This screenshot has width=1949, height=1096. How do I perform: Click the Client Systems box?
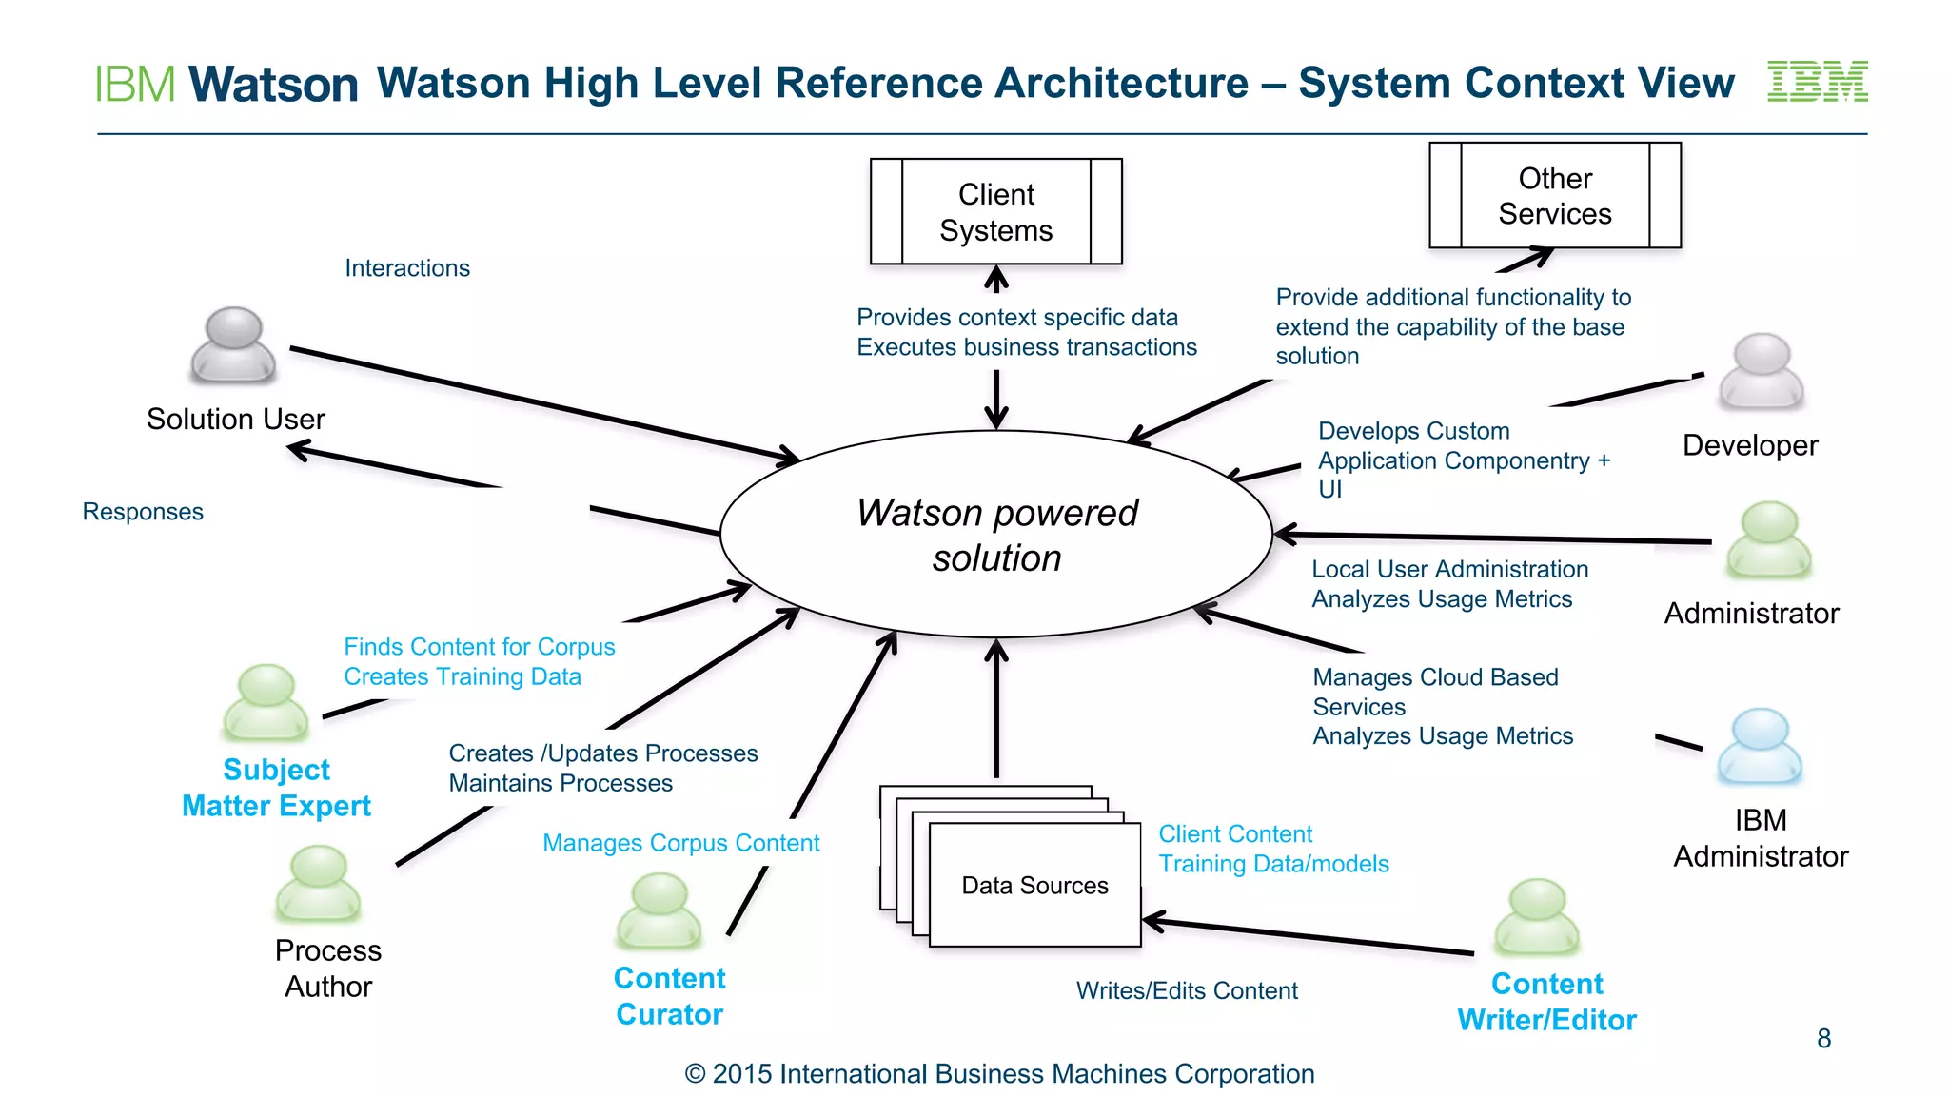pyautogui.click(x=995, y=211)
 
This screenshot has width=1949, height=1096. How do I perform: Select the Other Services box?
pyautogui.click(x=1554, y=195)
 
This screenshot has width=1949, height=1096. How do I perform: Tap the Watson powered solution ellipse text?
pyautogui.click(x=996, y=535)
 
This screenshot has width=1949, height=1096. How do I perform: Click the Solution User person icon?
pyautogui.click(x=233, y=344)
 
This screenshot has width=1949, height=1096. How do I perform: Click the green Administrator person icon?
pyautogui.click(x=1769, y=539)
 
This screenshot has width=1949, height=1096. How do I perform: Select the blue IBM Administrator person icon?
pyautogui.click(x=1760, y=746)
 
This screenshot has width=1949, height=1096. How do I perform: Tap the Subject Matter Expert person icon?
pyautogui.click(x=266, y=702)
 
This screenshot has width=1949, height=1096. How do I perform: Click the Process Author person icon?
pyautogui.click(x=318, y=883)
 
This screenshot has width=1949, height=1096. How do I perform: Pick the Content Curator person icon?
pyautogui.click(x=659, y=910)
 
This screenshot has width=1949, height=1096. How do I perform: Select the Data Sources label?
pyautogui.click(x=1034, y=886)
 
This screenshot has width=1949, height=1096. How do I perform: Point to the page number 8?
pyautogui.click(x=1823, y=1038)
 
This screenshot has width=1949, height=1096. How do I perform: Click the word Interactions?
pyautogui.click(x=407, y=268)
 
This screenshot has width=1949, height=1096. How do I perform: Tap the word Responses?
pyautogui.click(x=143, y=512)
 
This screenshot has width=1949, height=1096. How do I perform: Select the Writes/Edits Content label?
pyautogui.click(x=1187, y=990)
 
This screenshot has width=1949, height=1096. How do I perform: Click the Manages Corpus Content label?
pyautogui.click(x=680, y=843)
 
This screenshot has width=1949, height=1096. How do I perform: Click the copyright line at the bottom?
pyautogui.click(x=999, y=1073)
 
